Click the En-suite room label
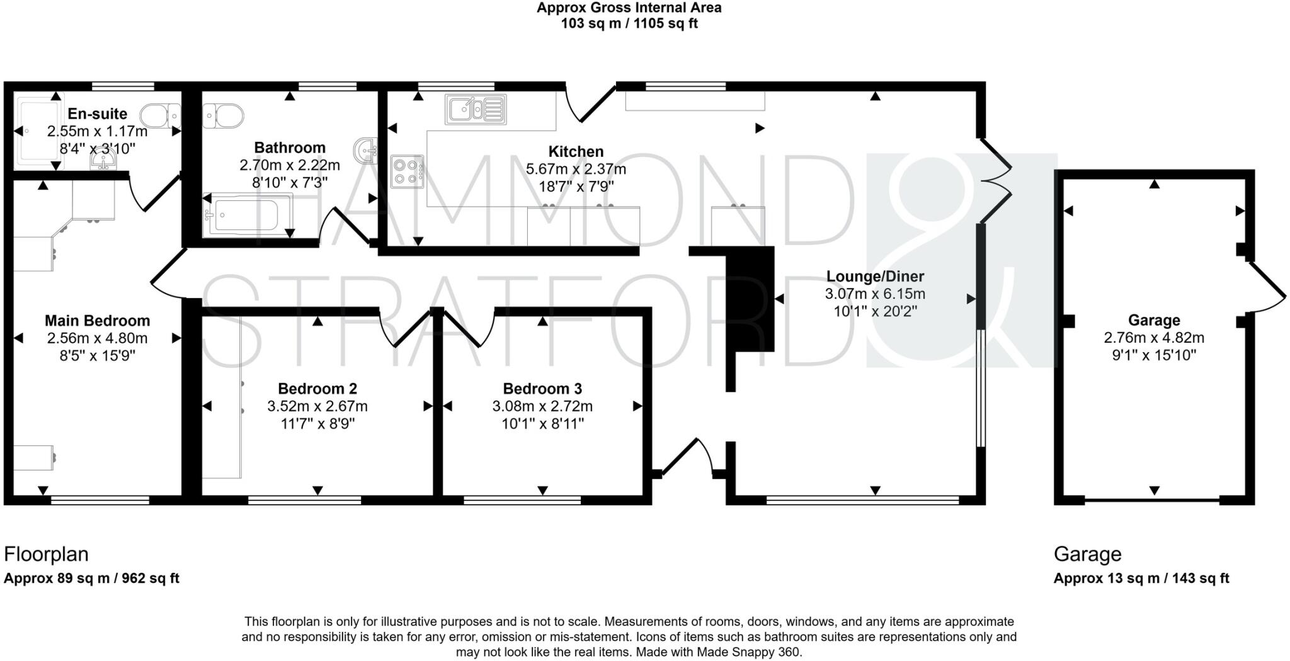(97, 114)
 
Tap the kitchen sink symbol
(476, 109)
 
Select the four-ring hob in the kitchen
(407, 171)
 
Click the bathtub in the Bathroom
(246, 216)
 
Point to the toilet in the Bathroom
(224, 116)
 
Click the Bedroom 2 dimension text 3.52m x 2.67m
(317, 406)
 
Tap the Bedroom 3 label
(542, 389)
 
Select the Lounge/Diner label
(875, 276)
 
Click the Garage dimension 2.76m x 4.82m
(1154, 338)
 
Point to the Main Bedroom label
(97, 321)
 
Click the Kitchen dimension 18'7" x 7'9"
(576, 187)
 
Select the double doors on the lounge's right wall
(995, 181)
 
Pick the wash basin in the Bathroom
(366, 149)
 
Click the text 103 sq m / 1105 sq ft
(629, 24)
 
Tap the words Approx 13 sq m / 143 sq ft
(1141, 578)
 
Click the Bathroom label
(290, 147)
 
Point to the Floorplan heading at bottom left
(46, 555)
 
